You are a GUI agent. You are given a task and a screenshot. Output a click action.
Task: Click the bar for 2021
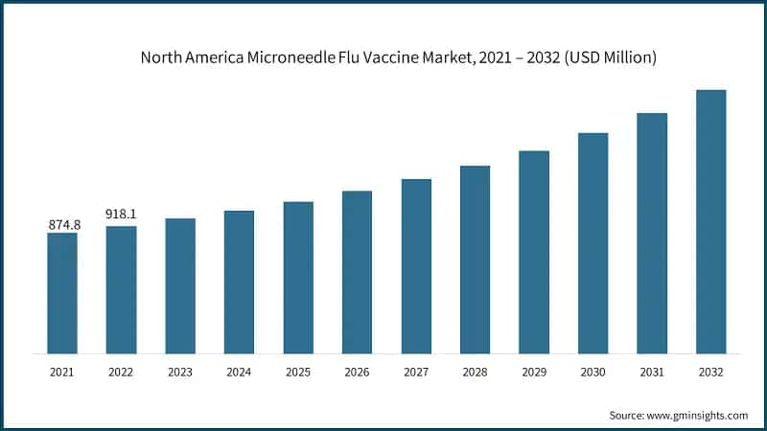point(62,292)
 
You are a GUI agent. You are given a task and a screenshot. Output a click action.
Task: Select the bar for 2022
point(121,289)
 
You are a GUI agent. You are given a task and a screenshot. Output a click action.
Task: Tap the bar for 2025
point(298,277)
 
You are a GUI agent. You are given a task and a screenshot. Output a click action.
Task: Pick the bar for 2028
point(475,259)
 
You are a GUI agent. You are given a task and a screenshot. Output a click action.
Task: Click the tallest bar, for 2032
point(710,221)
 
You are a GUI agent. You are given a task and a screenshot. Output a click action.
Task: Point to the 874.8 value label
point(62,224)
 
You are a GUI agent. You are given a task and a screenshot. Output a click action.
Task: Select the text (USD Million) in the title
point(610,57)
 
